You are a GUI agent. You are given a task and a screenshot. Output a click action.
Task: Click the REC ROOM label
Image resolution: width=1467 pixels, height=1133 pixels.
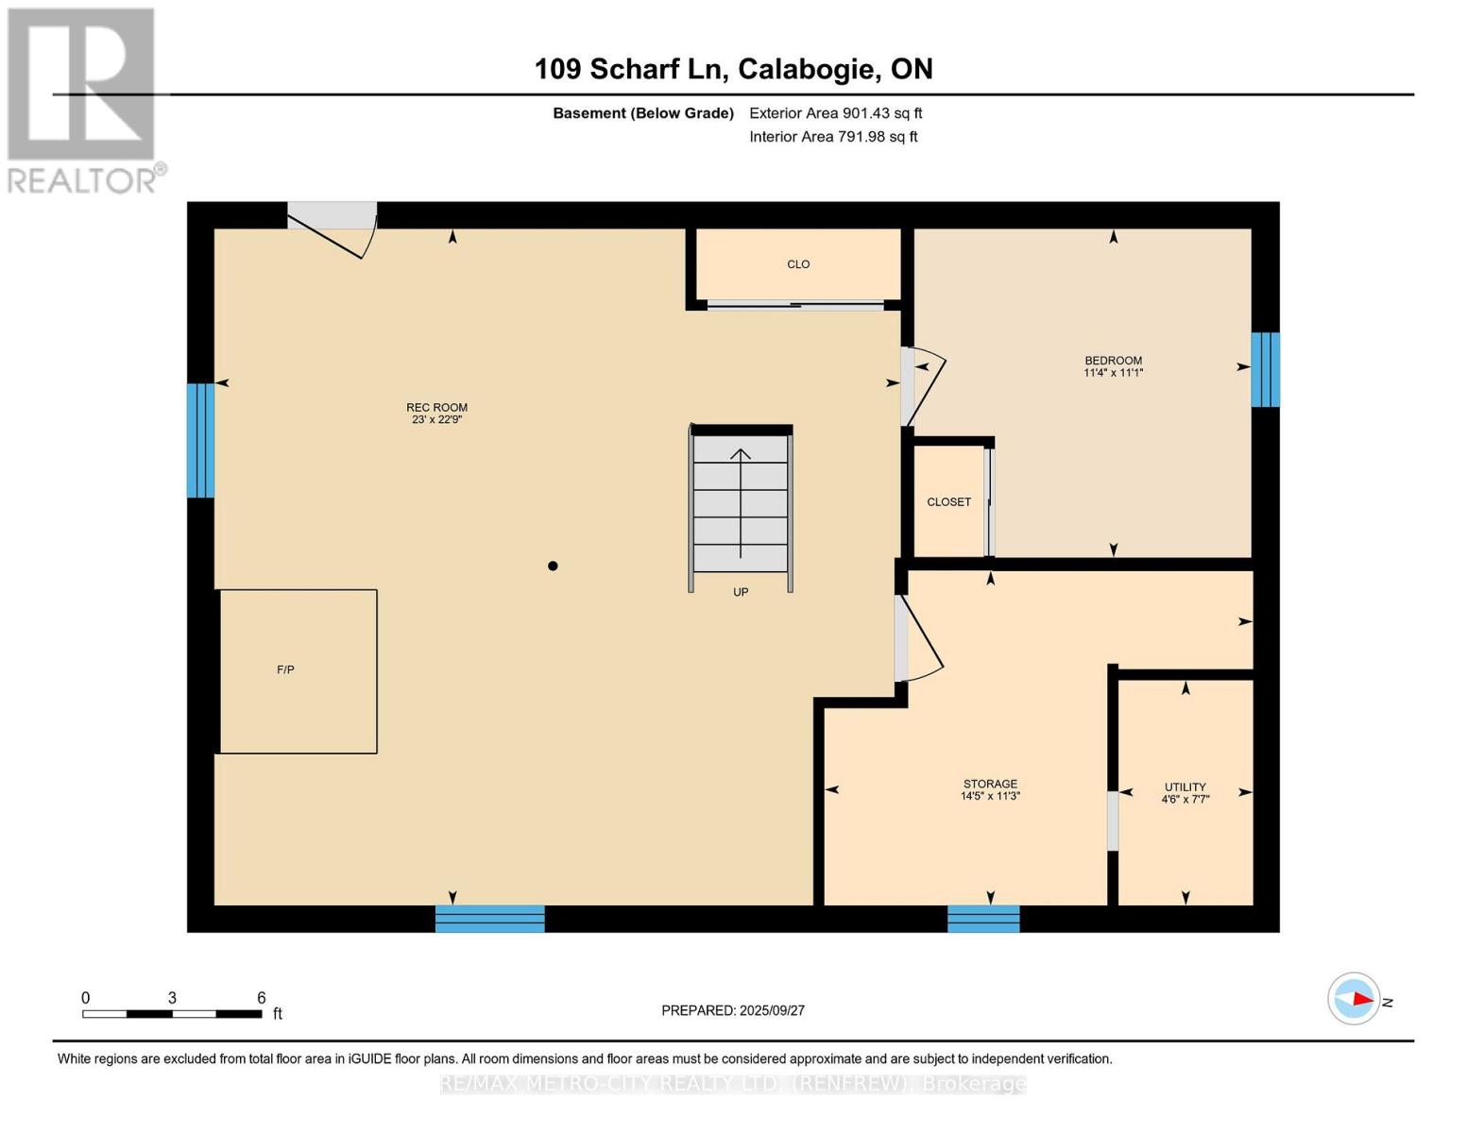pyautogui.click(x=436, y=408)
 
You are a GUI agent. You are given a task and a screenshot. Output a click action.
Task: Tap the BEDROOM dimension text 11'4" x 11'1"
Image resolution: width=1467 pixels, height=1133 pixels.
pyautogui.click(x=1113, y=373)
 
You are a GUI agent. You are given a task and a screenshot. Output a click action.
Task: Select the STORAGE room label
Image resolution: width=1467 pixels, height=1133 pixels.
pyautogui.click(x=990, y=784)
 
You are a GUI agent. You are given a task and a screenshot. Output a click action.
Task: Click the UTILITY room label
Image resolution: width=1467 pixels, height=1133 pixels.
pyautogui.click(x=1185, y=786)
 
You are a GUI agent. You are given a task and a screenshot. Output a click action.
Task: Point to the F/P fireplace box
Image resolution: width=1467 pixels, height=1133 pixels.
pyautogui.click(x=298, y=671)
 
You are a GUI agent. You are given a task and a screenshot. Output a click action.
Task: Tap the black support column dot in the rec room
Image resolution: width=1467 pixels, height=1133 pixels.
pyautogui.click(x=553, y=566)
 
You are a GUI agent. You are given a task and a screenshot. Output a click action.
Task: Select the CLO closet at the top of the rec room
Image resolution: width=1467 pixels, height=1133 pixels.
pyautogui.click(x=798, y=265)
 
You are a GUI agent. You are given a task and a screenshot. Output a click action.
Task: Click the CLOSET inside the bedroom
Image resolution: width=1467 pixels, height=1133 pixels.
pyautogui.click(x=948, y=502)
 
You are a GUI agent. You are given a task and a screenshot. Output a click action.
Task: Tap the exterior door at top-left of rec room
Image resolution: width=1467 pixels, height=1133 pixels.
pyautogui.click(x=332, y=227)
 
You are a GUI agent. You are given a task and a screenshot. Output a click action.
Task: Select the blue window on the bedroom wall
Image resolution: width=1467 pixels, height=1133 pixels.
pyautogui.click(x=1265, y=369)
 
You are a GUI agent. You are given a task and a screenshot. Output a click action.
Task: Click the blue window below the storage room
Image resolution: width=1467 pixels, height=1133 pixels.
pyautogui.click(x=983, y=919)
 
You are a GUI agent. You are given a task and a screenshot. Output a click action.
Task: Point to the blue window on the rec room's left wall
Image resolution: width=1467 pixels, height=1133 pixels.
pyautogui.click(x=200, y=440)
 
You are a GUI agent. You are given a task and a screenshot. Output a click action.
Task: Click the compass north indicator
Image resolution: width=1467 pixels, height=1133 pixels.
pyautogui.click(x=1356, y=998)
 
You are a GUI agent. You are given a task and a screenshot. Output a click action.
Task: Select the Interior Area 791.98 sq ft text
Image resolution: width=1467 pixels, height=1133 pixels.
pyautogui.click(x=833, y=137)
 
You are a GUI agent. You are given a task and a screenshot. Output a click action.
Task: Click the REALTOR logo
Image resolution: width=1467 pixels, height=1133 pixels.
pyautogui.click(x=82, y=100)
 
